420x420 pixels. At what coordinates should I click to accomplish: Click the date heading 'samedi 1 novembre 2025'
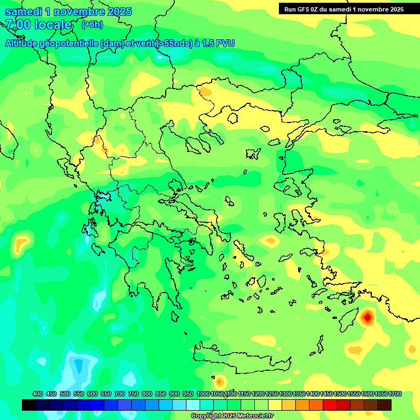pos(68,11)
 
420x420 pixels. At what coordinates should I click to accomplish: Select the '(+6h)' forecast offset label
pos(91,25)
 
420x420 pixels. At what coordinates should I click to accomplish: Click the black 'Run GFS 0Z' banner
pos(342,9)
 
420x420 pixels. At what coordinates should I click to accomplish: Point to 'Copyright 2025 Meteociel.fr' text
pos(232,416)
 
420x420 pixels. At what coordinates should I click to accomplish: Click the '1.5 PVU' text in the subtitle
pos(218,43)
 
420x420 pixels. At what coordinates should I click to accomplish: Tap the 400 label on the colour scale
pos(38,394)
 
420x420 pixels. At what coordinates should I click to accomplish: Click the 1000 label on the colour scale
pos(203,394)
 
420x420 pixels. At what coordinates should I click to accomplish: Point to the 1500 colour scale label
pos(340,394)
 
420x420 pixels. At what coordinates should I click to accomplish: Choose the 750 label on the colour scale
pos(133,394)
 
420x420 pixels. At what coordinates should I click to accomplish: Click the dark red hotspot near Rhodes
pos(367,316)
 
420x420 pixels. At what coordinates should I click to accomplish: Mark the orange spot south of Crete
pos(219,381)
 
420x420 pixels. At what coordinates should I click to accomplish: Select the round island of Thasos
pos(232,118)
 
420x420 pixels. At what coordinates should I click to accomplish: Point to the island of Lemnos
pos(253,154)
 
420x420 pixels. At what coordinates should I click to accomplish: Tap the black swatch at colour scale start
pos(29,405)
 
